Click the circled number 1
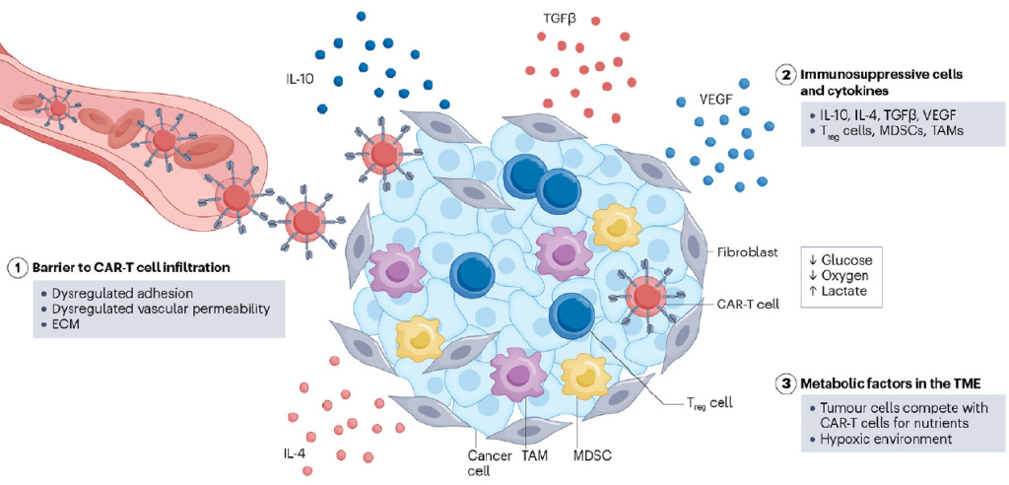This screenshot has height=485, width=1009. (x=17, y=267)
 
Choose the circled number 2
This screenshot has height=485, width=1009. (x=785, y=74)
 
